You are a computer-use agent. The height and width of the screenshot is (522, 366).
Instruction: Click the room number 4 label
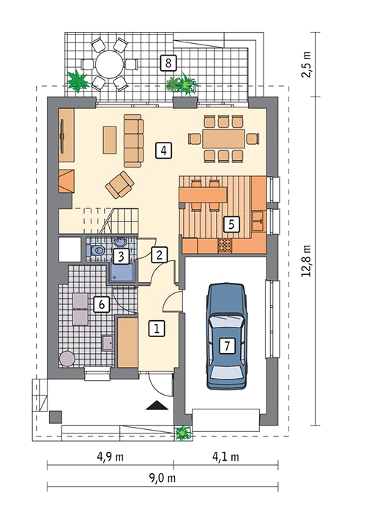tap(163, 150)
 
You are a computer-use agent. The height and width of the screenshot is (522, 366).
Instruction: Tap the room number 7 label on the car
tap(227, 346)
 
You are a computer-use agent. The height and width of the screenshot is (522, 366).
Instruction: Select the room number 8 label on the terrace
tap(168, 63)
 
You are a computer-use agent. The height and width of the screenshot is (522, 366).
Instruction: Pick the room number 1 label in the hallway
tap(157, 328)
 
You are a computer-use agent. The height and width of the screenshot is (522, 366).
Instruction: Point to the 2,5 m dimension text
tap(306, 64)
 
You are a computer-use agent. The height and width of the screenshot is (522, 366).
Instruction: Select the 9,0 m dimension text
tap(162, 478)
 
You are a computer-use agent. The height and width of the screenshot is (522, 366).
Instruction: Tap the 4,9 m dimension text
tap(110, 457)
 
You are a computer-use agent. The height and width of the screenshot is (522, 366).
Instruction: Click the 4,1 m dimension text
tap(225, 457)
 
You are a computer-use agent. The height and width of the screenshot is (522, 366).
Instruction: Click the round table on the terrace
tap(109, 64)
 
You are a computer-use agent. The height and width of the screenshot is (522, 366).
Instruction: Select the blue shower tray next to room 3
tap(122, 272)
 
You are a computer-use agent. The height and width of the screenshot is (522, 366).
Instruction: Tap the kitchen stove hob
tap(225, 246)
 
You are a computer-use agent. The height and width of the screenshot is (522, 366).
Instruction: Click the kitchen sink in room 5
tap(258, 221)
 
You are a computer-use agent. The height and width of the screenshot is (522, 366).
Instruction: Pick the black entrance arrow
tap(157, 406)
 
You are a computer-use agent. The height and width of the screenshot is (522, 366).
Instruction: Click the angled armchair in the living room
tap(119, 185)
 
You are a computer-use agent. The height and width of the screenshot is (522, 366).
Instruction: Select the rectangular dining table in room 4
tap(224, 138)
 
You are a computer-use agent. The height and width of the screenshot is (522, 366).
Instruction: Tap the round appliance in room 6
tap(67, 358)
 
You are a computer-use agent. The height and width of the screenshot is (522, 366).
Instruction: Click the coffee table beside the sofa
tap(110, 140)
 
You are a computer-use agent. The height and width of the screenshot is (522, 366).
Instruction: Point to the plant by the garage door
tap(183, 433)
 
